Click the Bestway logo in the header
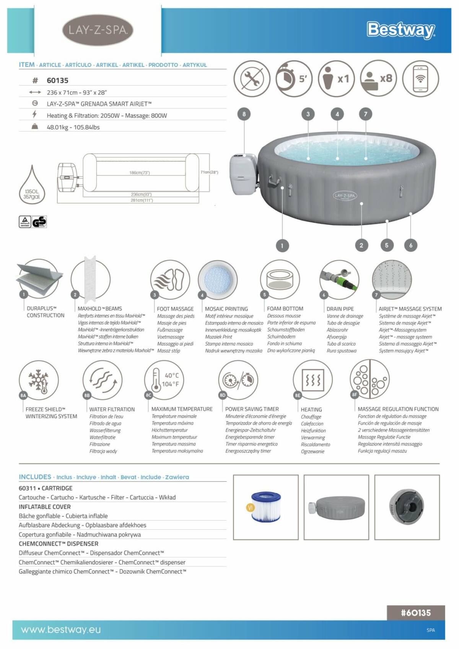coord(400,30)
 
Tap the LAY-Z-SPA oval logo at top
coord(98,30)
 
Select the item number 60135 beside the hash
coord(57,80)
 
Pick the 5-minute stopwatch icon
coord(294,78)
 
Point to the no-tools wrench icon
coord(252,78)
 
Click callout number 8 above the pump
coord(244,114)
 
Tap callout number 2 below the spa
coord(361,245)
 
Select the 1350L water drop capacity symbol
coord(32,185)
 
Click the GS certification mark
coord(39,222)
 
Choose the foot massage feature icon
coord(170,279)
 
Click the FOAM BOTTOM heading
coord(285,308)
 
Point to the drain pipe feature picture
coord(339,279)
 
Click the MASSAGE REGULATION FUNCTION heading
coord(398,409)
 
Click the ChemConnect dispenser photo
coord(407,507)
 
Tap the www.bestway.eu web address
coord(61,630)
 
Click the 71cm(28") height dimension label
coord(209,172)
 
